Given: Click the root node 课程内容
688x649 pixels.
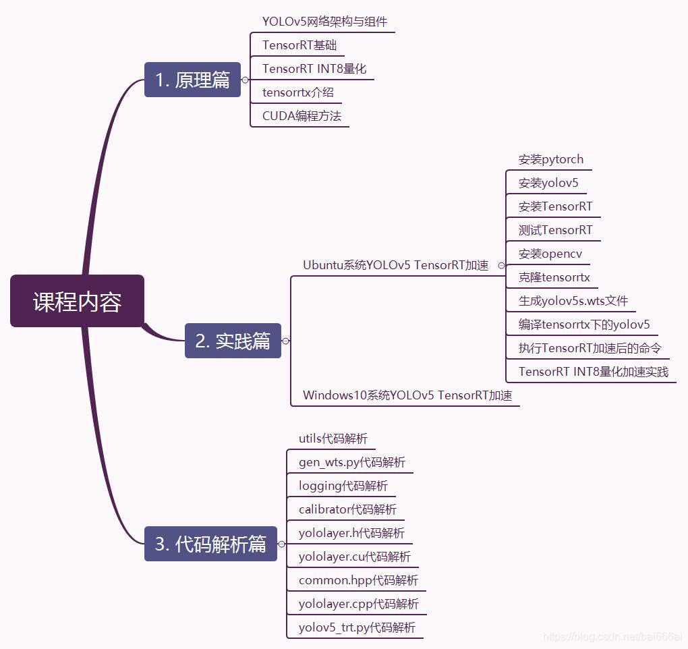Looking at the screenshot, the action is (77, 301).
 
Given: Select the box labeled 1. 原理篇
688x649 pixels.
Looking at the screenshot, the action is (193, 80).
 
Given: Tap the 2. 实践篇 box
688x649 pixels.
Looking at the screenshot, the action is (233, 341).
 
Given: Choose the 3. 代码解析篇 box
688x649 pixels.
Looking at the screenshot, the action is (210, 544).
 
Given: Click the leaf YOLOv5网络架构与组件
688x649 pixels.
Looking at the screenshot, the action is (324, 22).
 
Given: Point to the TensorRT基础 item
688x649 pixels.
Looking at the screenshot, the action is (299, 45).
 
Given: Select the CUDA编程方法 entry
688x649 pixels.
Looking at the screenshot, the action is (302, 116).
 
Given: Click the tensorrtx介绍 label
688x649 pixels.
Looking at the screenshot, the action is (298, 92).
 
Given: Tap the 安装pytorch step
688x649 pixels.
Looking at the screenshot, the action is (551, 159).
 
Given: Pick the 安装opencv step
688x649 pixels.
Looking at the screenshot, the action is (550, 254).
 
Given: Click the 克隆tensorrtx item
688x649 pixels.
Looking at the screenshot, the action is (554, 277).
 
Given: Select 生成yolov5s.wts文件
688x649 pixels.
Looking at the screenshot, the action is (573, 301).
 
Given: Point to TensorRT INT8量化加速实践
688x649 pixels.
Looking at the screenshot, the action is (594, 372).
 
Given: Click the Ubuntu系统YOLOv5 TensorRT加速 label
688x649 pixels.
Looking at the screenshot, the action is (396, 265).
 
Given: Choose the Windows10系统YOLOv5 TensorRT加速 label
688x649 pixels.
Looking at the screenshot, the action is (407, 395).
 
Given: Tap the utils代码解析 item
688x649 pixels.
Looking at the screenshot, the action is (333, 439).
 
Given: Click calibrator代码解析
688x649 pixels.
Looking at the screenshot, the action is (347, 509).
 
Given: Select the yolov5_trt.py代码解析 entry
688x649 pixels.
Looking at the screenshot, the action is (357, 627).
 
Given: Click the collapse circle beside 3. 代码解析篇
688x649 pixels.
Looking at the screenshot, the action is (282, 544).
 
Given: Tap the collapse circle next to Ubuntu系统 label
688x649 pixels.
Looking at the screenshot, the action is (502, 266).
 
